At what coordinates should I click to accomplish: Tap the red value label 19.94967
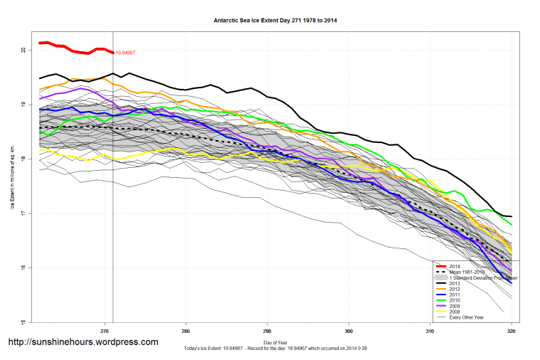coord(125,53)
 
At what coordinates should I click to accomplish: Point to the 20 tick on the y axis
coord(23,50)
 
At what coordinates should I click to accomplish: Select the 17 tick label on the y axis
coord(23,213)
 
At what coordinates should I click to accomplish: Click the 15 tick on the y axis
coord(23,322)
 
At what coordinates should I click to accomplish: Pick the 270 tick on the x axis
coord(105,331)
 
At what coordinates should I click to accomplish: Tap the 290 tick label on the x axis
coord(267,331)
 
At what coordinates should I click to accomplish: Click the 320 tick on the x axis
coord(511,331)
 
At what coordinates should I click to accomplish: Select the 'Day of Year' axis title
coord(275,343)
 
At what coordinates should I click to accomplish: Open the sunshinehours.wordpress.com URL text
coord(83,342)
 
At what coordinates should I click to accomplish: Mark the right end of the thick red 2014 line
coord(113,52)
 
